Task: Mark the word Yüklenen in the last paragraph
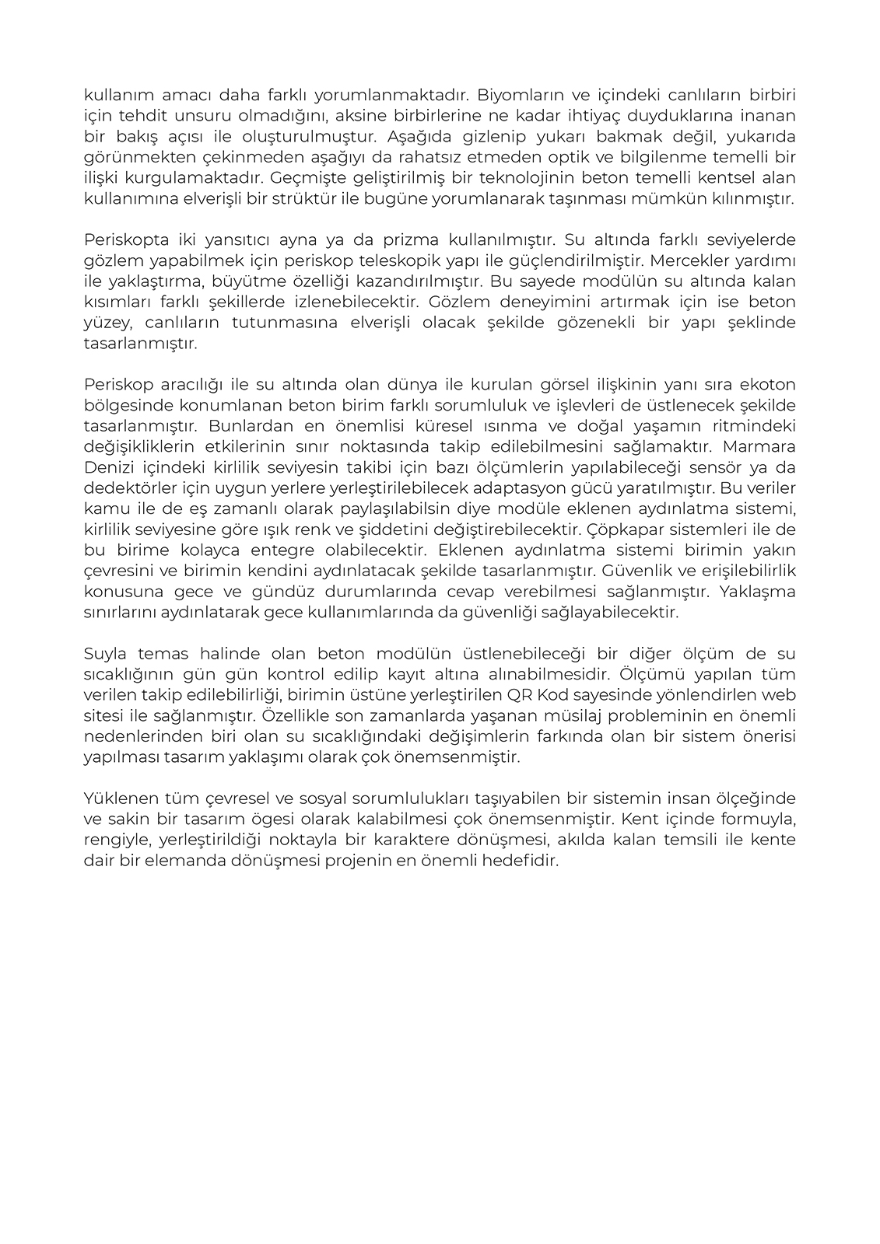(116, 798)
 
